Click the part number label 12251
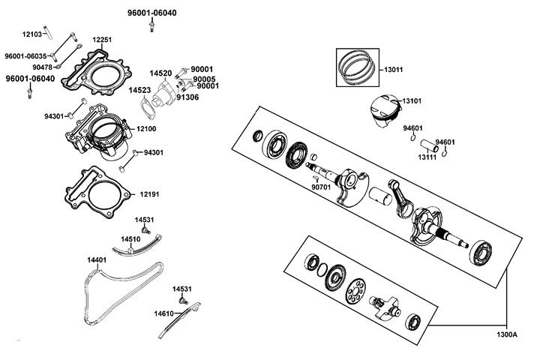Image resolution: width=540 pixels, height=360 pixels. click(x=102, y=40)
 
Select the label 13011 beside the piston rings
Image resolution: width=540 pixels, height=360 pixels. click(x=393, y=70)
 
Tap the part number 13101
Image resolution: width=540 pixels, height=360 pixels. click(x=412, y=100)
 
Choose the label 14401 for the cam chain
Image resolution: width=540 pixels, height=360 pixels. click(x=96, y=260)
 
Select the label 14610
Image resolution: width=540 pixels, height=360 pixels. click(x=163, y=313)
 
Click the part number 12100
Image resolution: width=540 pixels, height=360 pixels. click(x=145, y=129)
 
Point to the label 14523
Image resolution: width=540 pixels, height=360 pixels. click(x=139, y=90)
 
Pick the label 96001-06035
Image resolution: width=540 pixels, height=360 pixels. click(x=25, y=56)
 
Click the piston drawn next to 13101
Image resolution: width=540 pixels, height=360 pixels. click(x=382, y=109)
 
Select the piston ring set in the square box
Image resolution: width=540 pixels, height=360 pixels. click(x=359, y=67)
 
